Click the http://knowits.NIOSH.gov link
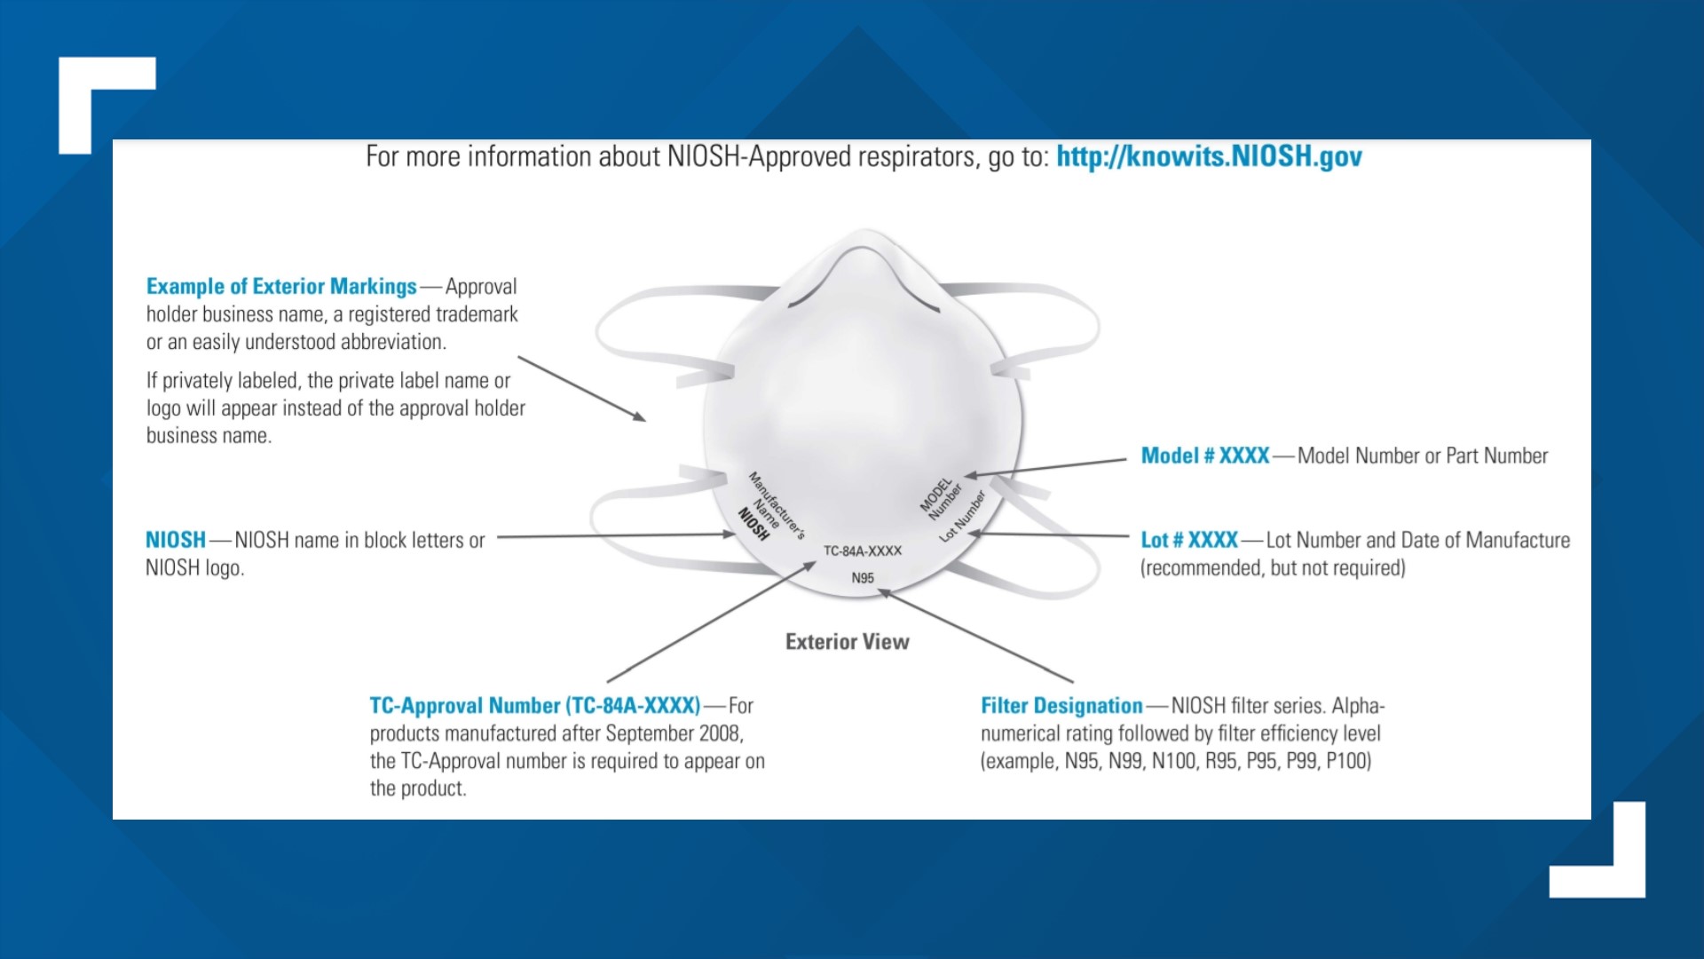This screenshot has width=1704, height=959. point(1209,156)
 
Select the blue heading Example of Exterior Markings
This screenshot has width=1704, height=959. point(281,286)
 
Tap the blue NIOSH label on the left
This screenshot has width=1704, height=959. point(176,540)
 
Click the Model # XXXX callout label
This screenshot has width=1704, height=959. point(1205,456)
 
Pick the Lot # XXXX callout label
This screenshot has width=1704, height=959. point(1189,540)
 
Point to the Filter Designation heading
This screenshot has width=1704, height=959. point(1061,706)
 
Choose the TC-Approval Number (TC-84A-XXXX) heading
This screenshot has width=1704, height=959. point(535,706)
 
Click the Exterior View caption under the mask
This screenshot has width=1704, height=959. point(848,641)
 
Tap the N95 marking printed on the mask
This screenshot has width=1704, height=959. point(863,578)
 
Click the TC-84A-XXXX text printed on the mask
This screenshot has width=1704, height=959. point(863,551)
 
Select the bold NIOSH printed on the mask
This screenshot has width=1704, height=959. point(753,524)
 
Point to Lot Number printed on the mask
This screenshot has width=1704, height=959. point(963,516)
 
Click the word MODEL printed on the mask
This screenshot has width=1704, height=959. point(935,496)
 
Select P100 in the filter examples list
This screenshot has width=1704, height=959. point(1349,761)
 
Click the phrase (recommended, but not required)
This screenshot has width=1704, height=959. point(1273,568)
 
